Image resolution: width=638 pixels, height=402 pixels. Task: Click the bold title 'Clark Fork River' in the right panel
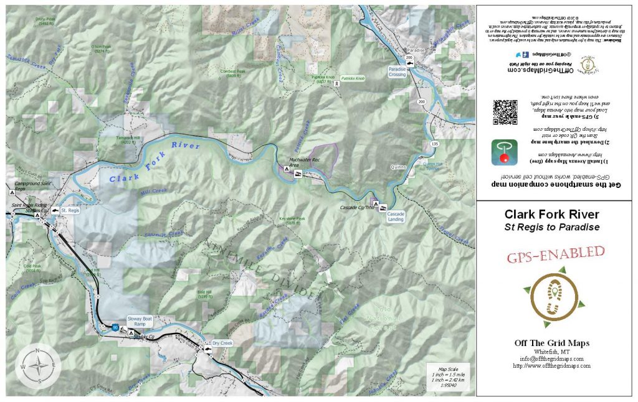(552, 214)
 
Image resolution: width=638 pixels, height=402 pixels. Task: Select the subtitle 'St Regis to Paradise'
(552, 227)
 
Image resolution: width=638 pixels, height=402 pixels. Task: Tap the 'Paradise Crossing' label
(397, 72)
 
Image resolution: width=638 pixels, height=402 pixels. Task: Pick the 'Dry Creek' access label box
(222, 343)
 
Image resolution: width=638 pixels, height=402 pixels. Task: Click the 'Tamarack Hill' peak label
(120, 139)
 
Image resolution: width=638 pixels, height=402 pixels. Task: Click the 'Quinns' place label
(399, 167)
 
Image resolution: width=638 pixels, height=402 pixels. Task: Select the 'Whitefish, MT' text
(552, 352)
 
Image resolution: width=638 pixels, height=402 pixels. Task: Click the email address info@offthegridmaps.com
(552, 359)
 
